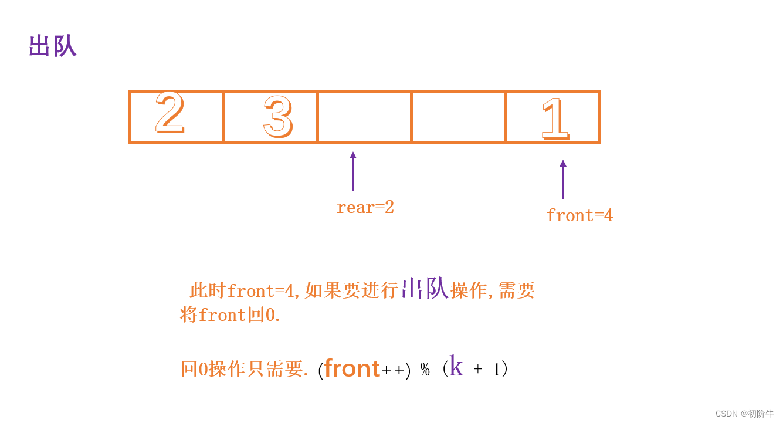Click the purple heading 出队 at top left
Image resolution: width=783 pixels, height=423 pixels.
point(53,46)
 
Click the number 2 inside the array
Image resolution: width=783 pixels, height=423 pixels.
point(170,114)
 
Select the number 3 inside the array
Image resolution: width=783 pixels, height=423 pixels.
point(277,117)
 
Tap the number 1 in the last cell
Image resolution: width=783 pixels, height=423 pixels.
point(554,119)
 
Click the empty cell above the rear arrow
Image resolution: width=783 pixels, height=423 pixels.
point(364,117)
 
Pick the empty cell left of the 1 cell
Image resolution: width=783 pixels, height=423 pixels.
point(459,117)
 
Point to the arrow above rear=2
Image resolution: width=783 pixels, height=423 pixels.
point(352,171)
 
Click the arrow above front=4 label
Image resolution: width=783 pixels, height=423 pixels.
point(563,180)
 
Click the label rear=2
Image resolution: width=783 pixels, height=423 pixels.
point(365,207)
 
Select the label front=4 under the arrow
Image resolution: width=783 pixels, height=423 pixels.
point(579,215)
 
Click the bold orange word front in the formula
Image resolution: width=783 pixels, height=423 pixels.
point(352,368)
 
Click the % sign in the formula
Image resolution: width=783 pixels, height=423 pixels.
point(425,370)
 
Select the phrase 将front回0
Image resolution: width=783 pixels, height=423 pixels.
point(230,315)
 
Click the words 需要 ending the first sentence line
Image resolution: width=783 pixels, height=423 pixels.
point(517,290)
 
